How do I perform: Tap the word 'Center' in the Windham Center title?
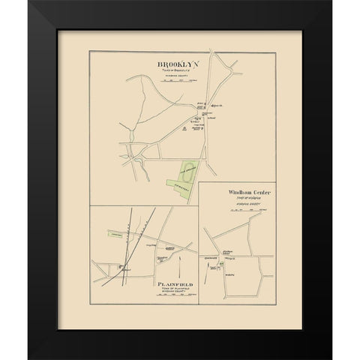[x=253, y=193]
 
